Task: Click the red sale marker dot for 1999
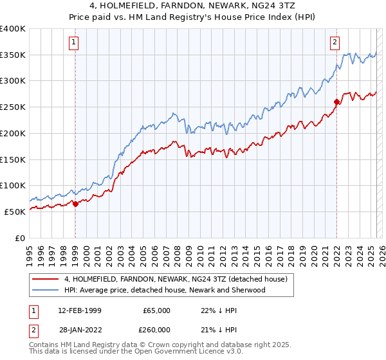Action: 75,204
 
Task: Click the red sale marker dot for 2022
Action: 336,102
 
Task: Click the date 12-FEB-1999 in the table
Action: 79,310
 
